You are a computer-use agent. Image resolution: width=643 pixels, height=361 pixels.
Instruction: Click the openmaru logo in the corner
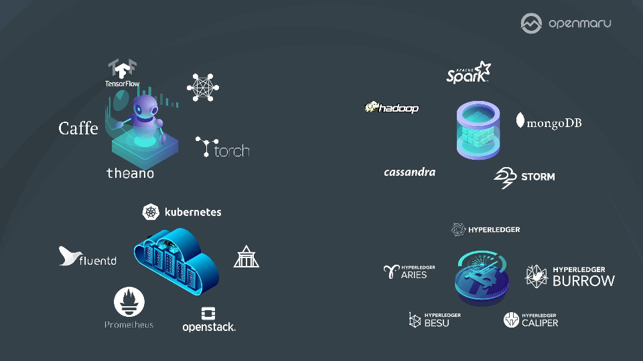coord(566,23)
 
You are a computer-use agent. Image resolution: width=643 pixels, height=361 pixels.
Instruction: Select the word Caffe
coord(78,128)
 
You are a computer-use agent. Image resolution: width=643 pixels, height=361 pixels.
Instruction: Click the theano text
coord(130,173)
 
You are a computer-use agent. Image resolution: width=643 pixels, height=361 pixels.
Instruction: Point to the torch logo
coord(222,148)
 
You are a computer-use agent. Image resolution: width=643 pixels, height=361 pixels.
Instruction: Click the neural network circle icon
coord(203,88)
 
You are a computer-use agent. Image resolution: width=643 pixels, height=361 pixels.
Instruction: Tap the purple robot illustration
coord(145,117)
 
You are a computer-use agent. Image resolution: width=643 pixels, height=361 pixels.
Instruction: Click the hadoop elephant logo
coord(391,108)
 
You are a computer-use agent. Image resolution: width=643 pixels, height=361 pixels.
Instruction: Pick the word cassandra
coord(409,172)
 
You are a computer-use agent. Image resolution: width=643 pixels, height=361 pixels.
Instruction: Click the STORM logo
coord(524,176)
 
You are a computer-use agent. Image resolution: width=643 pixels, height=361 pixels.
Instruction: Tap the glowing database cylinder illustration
coord(478,130)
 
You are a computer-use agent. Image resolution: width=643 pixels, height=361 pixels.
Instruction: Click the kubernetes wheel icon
coord(151,212)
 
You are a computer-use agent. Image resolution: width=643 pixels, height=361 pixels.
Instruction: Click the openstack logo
coord(208,320)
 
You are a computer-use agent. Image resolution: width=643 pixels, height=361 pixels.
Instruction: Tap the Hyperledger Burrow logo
coord(570,275)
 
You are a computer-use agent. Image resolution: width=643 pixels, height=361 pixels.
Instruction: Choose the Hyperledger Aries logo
coord(409,271)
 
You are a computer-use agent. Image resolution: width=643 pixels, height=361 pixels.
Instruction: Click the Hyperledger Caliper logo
coord(530,320)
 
